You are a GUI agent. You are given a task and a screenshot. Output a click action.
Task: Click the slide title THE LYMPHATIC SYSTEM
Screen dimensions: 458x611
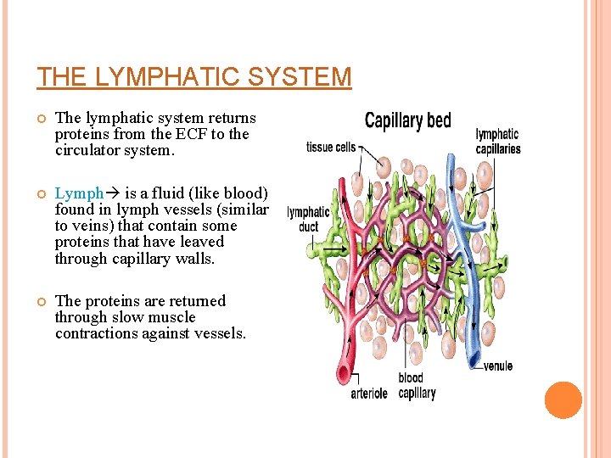click(193, 77)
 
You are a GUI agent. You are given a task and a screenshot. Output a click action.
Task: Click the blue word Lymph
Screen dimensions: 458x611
click(79, 193)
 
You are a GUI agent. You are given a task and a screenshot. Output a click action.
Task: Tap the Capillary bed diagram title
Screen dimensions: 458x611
click(407, 120)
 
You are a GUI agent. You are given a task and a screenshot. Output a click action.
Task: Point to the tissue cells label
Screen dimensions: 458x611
click(331, 148)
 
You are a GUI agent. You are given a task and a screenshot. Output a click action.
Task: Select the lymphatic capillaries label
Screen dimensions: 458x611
click(498, 142)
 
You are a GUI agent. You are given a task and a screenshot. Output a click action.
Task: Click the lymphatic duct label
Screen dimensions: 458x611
click(308, 220)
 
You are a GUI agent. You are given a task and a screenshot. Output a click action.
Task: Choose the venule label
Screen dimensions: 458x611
click(498, 367)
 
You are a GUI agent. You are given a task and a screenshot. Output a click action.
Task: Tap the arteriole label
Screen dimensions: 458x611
click(369, 394)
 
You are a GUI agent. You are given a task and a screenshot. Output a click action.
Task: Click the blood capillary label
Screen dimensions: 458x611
click(416, 386)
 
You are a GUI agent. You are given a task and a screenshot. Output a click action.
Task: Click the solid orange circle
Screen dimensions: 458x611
click(563, 399)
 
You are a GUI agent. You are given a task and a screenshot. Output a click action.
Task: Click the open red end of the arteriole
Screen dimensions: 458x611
click(343, 372)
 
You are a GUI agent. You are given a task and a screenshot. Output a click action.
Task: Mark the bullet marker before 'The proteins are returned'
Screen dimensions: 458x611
click(40, 302)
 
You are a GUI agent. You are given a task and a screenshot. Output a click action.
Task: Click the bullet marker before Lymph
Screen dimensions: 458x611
click(40, 194)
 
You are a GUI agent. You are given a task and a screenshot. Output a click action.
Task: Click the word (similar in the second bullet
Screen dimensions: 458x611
click(244, 209)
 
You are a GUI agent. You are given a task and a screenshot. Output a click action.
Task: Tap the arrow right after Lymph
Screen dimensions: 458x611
click(112, 193)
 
